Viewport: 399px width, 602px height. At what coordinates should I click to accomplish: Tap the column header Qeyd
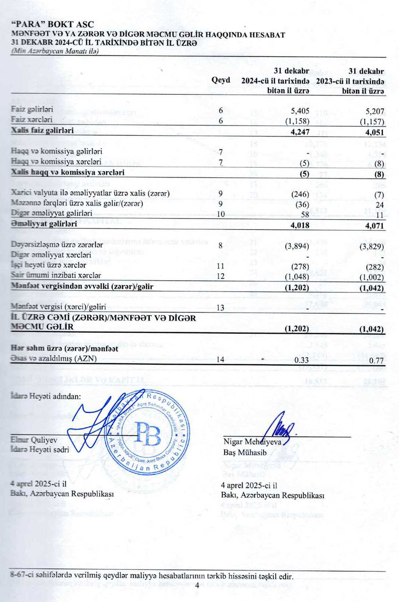(221, 80)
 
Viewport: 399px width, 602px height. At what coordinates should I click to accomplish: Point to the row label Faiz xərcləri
(32, 120)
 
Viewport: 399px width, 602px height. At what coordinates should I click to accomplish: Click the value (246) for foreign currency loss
(300, 194)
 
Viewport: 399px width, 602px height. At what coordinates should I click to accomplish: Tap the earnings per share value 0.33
(302, 360)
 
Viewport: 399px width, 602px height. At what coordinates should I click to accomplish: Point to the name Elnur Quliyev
(34, 440)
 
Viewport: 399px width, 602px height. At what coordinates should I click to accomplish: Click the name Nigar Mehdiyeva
(252, 441)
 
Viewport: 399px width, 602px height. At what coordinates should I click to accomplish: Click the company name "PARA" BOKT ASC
(53, 25)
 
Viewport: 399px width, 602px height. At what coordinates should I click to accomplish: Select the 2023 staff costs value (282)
(375, 266)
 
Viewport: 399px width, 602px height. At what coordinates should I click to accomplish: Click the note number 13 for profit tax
(220, 308)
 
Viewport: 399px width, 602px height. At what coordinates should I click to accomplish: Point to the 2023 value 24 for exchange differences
(379, 205)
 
